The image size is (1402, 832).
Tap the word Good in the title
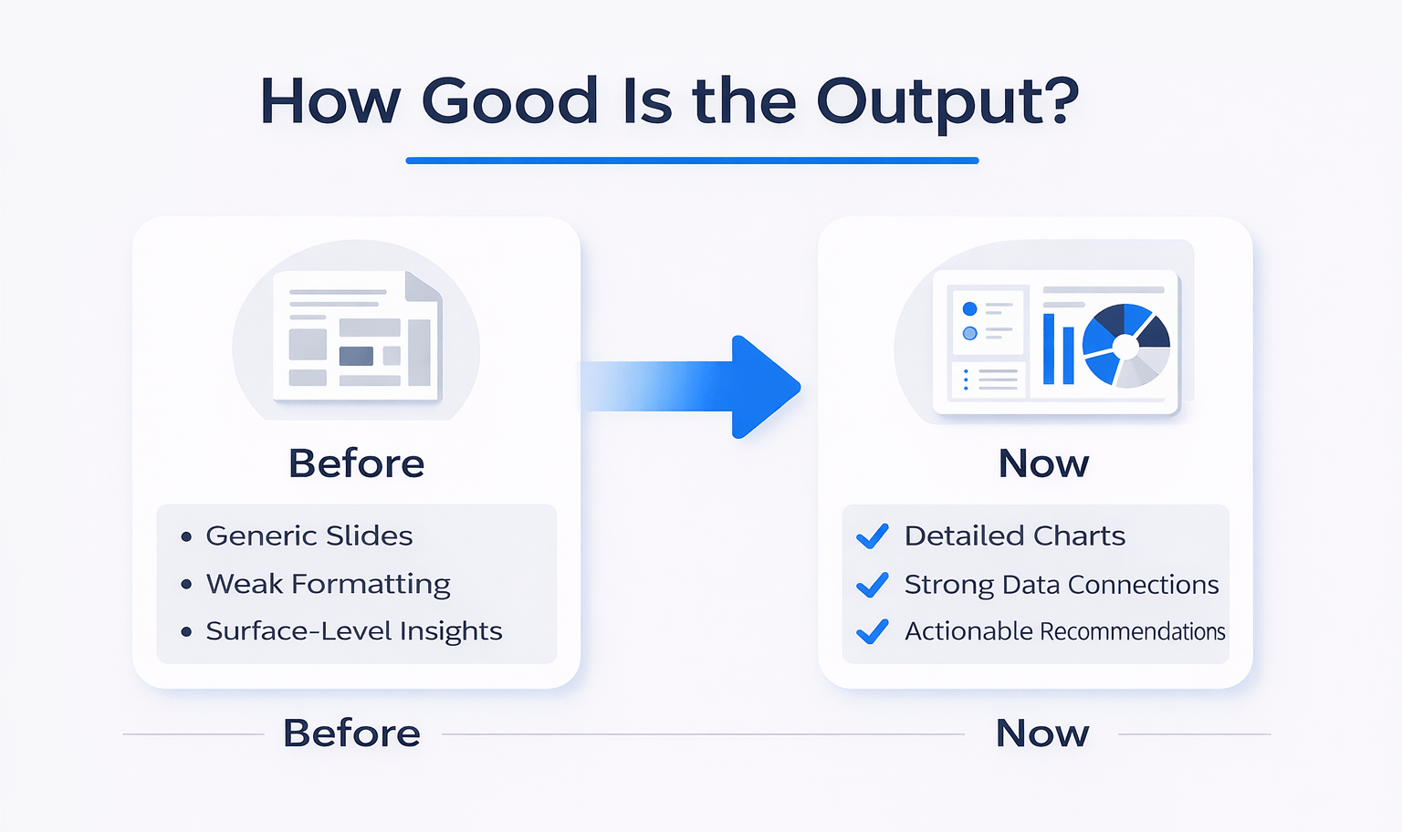click(x=509, y=101)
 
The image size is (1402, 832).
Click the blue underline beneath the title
click(x=692, y=161)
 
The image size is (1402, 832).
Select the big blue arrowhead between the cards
click(x=762, y=387)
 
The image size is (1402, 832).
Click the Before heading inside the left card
click(x=356, y=463)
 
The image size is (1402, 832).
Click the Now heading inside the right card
click(x=1043, y=463)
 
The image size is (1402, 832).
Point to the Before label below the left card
click(x=351, y=733)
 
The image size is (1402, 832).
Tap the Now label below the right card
click(x=1042, y=733)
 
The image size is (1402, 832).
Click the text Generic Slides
click(x=309, y=536)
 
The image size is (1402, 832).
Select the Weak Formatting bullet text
click(x=328, y=584)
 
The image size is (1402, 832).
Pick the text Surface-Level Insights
click(x=353, y=631)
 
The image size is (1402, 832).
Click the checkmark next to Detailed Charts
click(x=873, y=536)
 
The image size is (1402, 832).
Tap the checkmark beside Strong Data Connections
click(x=873, y=584)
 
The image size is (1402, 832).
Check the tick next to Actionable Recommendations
click(x=873, y=631)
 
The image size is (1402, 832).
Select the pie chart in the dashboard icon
click(x=1125, y=346)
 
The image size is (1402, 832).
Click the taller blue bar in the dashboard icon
click(x=1049, y=348)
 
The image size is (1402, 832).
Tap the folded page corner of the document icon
click(x=422, y=286)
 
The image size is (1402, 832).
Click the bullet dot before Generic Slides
click(x=186, y=536)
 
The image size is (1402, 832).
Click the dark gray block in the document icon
click(x=356, y=356)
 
